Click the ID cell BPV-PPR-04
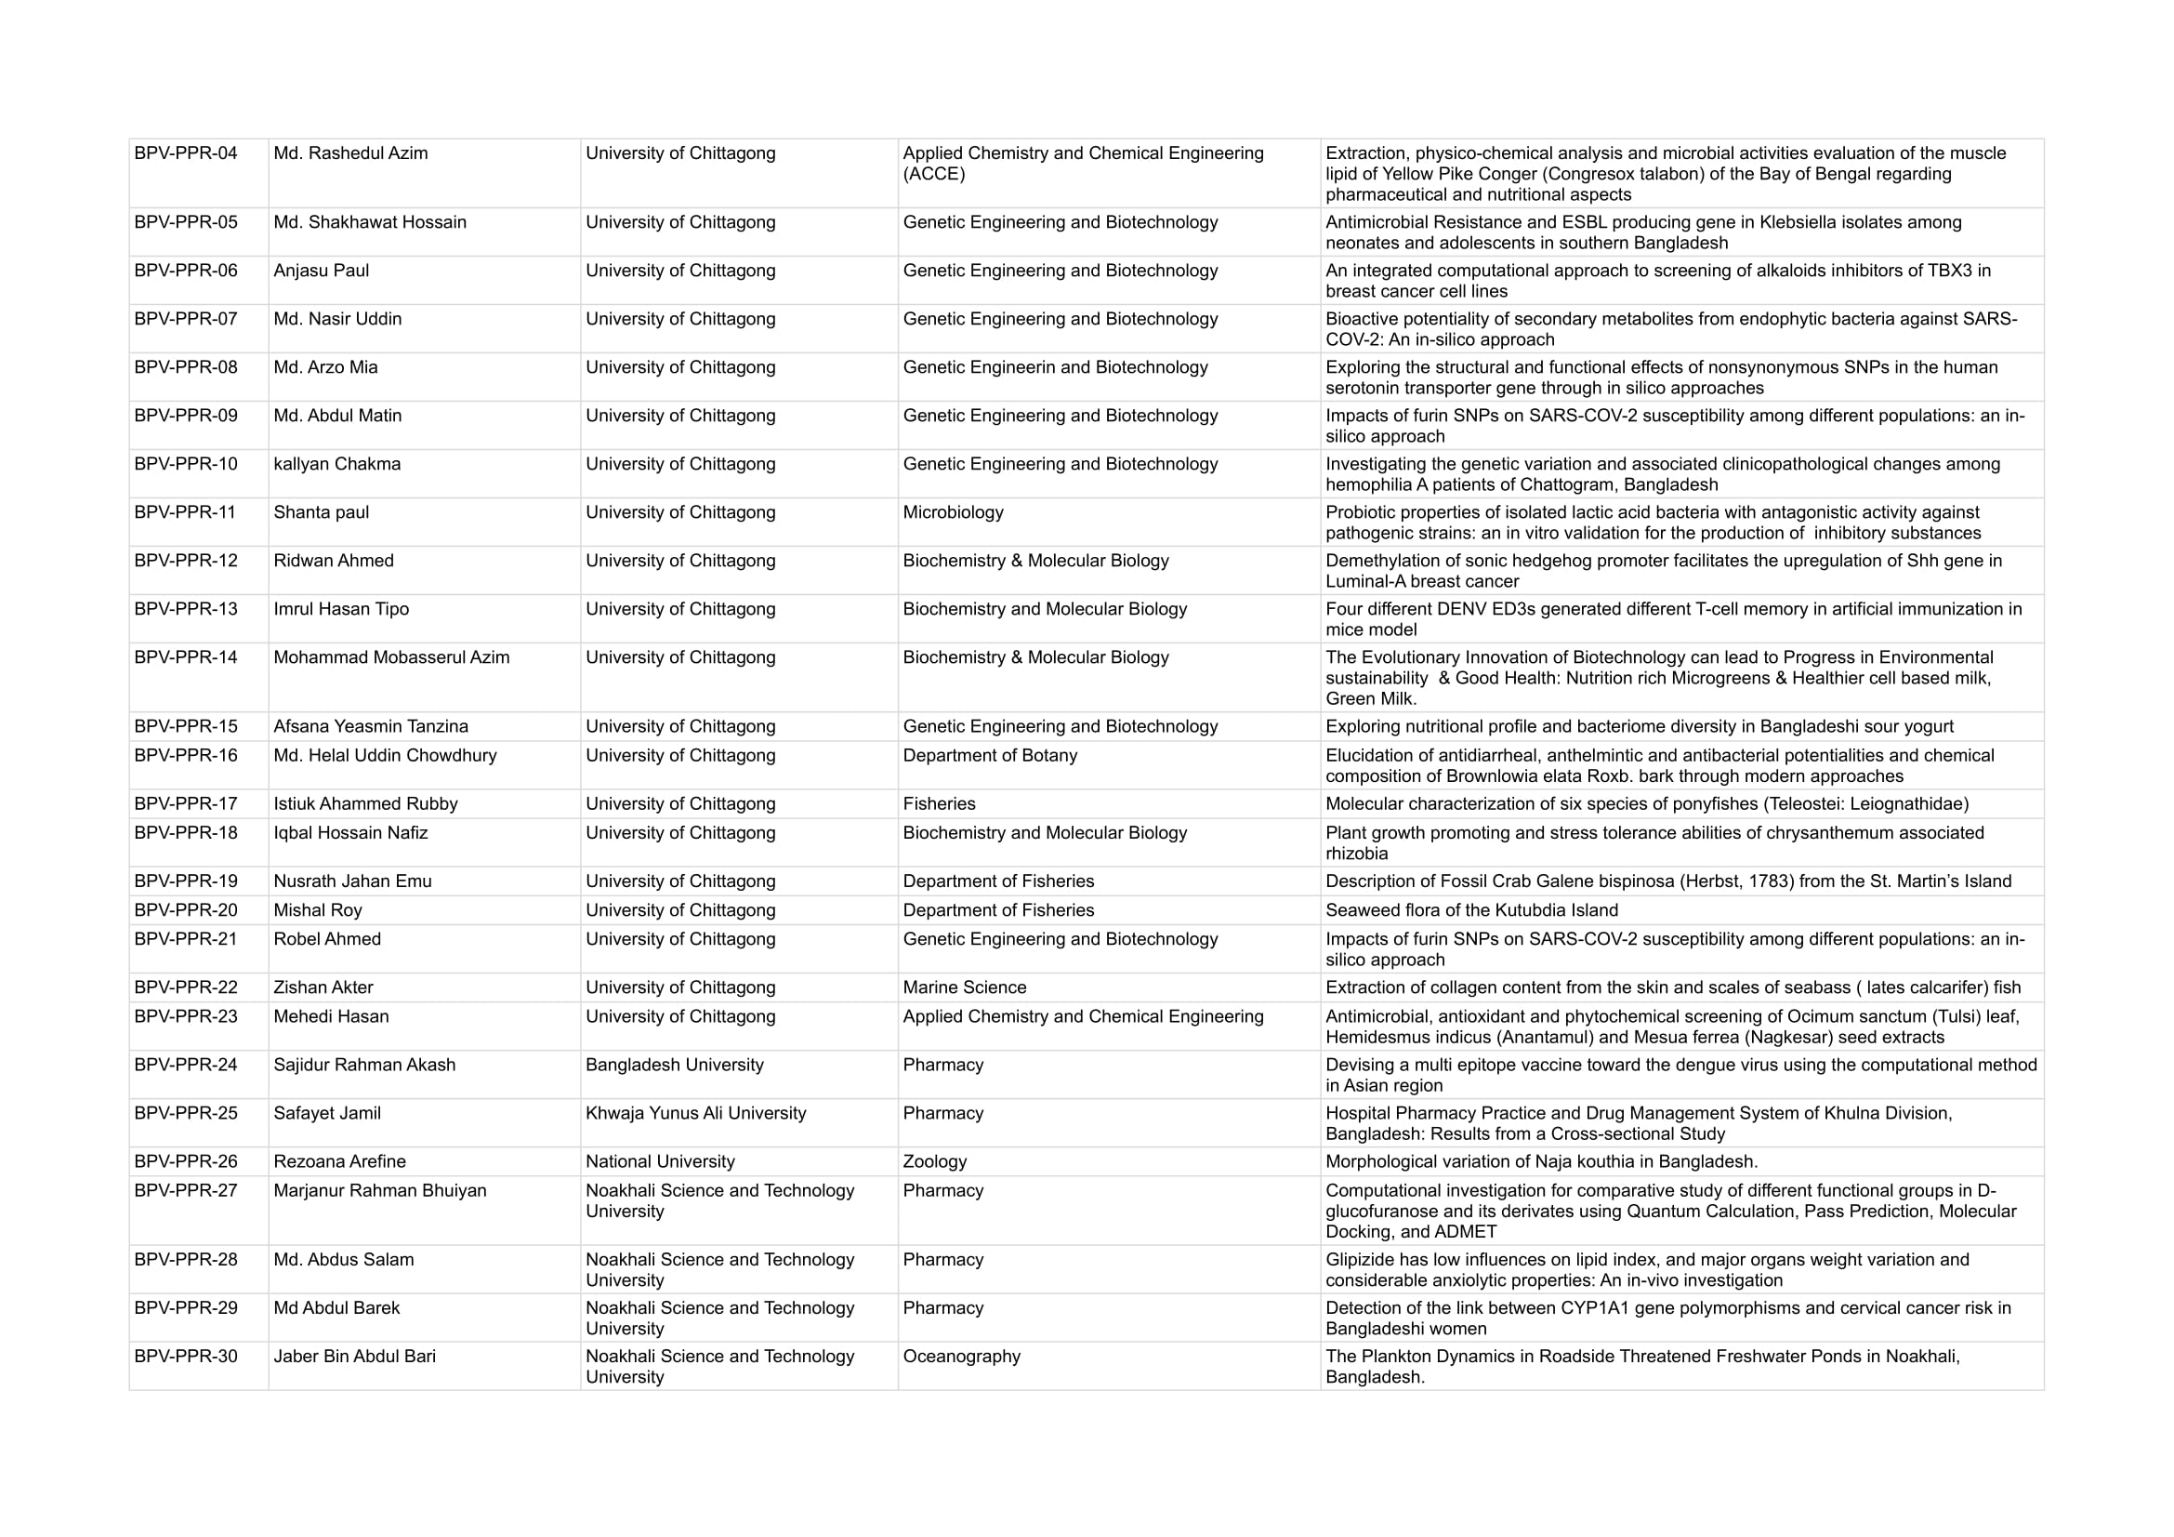pos(186,153)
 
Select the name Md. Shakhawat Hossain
pos(369,222)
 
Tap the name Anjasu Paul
pos(321,271)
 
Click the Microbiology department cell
pos(953,512)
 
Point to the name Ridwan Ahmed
pos(334,561)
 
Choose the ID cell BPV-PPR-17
pos(186,804)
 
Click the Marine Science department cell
pos(964,987)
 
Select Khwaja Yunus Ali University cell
pos(695,1114)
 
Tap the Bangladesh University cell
pos(674,1066)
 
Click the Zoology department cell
pos(934,1162)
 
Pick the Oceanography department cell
pos(961,1357)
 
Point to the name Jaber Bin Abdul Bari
pos(354,1357)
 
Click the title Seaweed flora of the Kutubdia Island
pos(1471,911)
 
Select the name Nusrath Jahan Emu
pos(352,881)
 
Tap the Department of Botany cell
pos(990,756)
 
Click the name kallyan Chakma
pos(337,464)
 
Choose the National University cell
pos(660,1162)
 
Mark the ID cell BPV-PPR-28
pos(186,1261)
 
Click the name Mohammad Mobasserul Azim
pos(391,658)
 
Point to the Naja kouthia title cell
pos(1540,1162)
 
